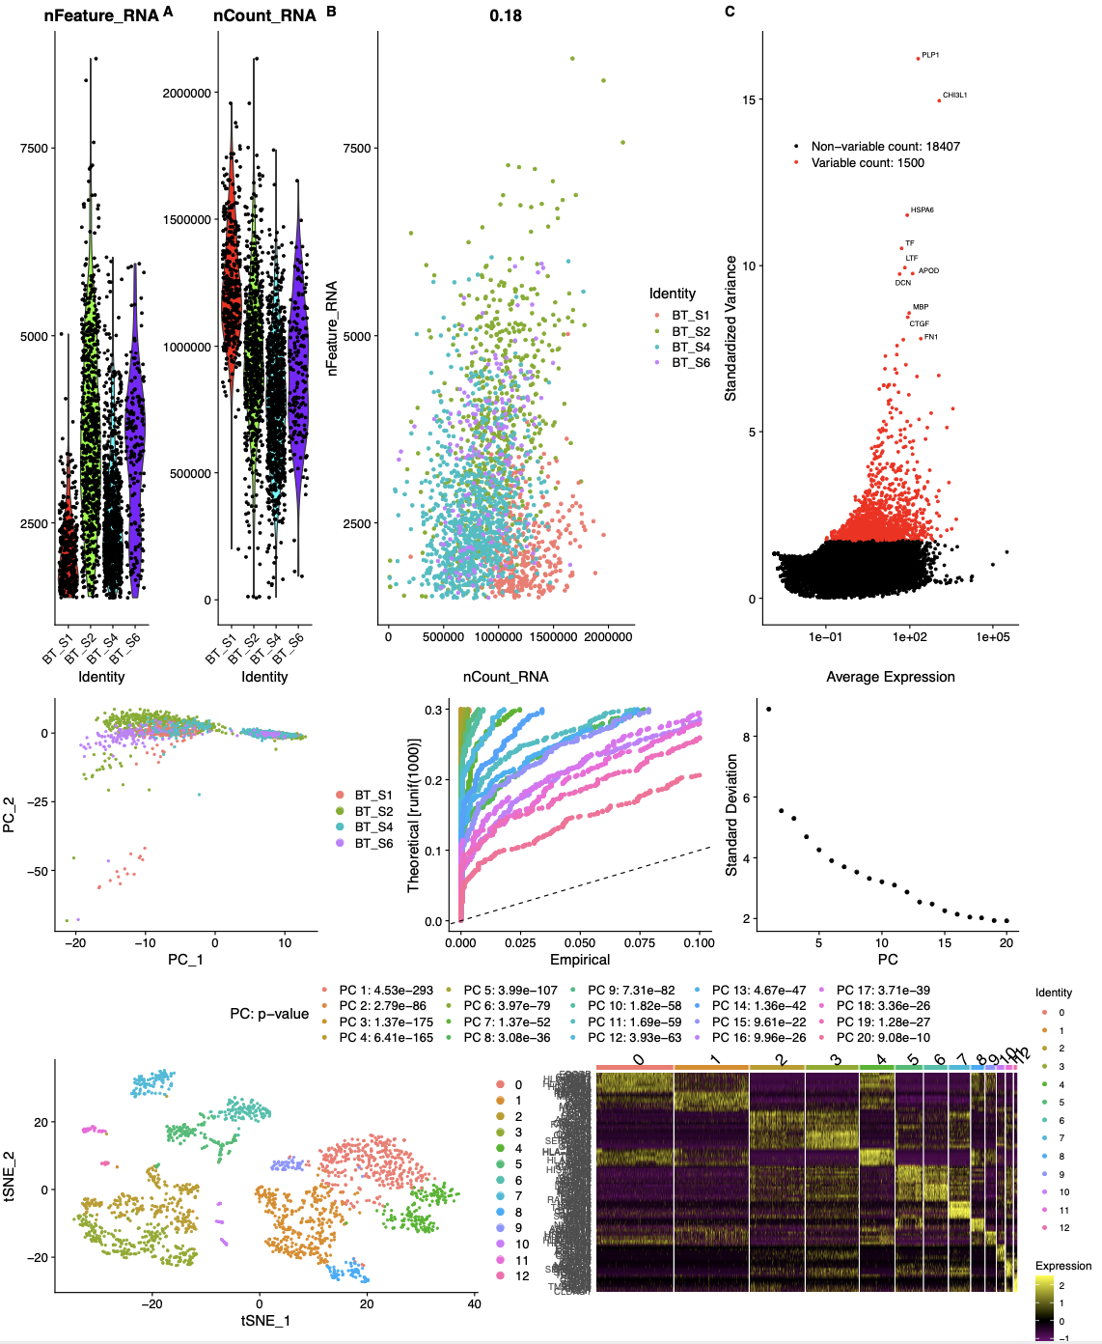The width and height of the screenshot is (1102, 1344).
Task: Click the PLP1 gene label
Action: (x=930, y=55)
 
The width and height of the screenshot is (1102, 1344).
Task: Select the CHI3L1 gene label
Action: (x=954, y=96)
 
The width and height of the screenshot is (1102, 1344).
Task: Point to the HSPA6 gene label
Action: (x=922, y=210)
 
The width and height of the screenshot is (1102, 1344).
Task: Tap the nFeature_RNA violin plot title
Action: (x=100, y=15)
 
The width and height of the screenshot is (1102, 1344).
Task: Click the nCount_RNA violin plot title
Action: (x=264, y=15)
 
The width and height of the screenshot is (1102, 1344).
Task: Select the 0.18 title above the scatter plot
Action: (x=506, y=15)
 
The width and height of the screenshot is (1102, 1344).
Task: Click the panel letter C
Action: (x=730, y=12)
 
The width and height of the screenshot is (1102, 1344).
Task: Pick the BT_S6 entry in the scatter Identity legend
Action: (x=690, y=363)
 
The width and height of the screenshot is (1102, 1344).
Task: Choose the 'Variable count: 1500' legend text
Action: (x=867, y=163)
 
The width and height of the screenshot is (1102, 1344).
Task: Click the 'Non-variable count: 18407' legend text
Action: (x=885, y=147)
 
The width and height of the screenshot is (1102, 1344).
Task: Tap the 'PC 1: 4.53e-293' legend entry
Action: (x=385, y=991)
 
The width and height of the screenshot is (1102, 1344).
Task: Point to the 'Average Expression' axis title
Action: (x=890, y=677)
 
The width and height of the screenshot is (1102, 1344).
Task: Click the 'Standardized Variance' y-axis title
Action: (x=731, y=328)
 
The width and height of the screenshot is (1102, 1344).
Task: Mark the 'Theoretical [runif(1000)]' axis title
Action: (x=415, y=816)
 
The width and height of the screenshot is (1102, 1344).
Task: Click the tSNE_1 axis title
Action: (x=265, y=1320)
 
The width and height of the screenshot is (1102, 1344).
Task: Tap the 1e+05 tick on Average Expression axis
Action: (x=993, y=637)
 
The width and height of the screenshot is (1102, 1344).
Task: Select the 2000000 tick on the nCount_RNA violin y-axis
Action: (x=186, y=94)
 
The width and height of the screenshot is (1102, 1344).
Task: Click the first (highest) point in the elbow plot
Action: (x=769, y=710)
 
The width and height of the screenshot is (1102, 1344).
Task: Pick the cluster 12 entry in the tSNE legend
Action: (x=521, y=1275)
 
